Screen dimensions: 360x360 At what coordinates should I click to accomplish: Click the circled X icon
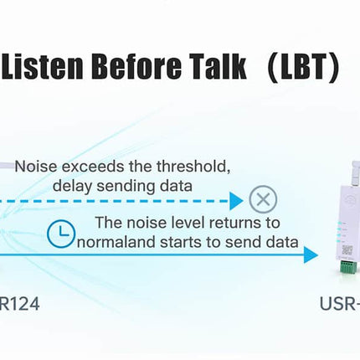coord(264,200)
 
